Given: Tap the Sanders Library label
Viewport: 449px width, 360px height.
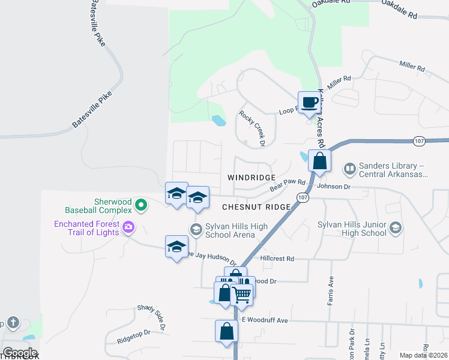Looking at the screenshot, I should pyautogui.click(x=393, y=170).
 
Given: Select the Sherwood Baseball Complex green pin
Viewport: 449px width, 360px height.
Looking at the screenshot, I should pyautogui.click(x=141, y=206).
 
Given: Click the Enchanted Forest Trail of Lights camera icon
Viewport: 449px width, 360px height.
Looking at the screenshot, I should pyautogui.click(x=128, y=227).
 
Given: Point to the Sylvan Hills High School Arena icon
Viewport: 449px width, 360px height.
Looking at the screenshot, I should pyautogui.click(x=196, y=229).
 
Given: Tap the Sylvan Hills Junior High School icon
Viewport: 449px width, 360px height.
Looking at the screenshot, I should pyautogui.click(x=395, y=227).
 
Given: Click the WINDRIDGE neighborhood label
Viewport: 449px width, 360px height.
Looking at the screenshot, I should pyautogui.click(x=252, y=178).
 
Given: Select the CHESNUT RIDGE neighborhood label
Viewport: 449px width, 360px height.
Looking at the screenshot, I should pyautogui.click(x=256, y=207).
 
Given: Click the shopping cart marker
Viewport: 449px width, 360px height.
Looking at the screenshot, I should pyautogui.click(x=242, y=294).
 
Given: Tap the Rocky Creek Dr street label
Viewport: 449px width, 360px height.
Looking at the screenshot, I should pyautogui.click(x=252, y=128).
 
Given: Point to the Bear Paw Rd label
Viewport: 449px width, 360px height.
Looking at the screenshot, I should pyautogui.click(x=288, y=185).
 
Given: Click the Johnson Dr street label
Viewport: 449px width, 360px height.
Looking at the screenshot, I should pyautogui.click(x=333, y=186).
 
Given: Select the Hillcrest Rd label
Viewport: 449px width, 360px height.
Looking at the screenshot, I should pyautogui.click(x=277, y=259).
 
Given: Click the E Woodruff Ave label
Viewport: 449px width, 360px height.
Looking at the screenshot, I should pyautogui.click(x=265, y=320).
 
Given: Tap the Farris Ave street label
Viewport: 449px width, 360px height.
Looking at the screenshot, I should pyautogui.click(x=330, y=291).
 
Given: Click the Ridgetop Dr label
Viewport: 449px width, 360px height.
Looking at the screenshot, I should pyautogui.click(x=133, y=336).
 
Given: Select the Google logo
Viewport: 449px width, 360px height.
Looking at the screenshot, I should pyautogui.click(x=20, y=353).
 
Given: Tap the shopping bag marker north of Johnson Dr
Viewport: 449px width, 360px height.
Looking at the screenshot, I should pyautogui.click(x=320, y=161).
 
